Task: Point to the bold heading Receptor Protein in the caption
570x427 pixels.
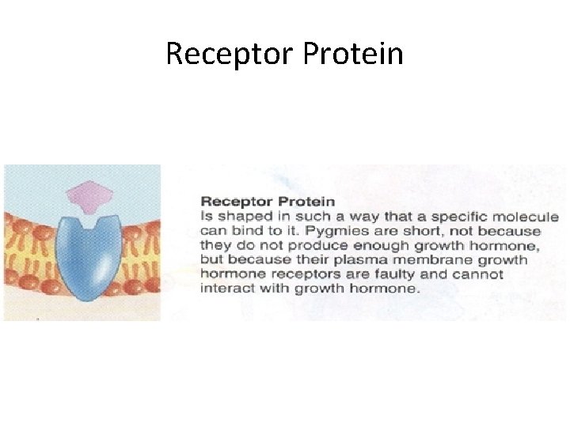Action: click(x=268, y=202)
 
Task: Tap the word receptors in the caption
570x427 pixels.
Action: click(x=298, y=274)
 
